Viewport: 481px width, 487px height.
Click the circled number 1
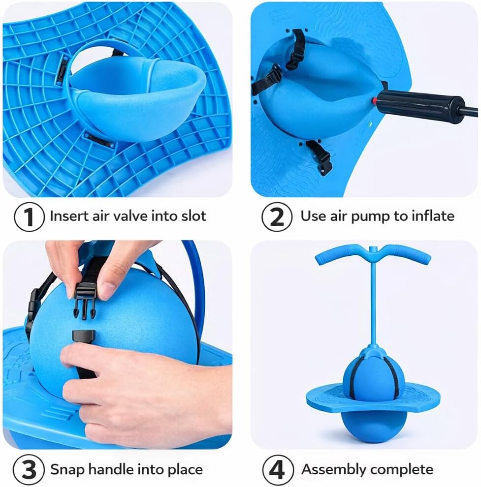point(29,216)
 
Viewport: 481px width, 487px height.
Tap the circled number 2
point(277,216)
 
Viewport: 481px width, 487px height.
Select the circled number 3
point(29,469)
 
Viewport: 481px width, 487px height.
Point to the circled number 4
point(278,469)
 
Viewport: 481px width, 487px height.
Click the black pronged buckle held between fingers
point(85,299)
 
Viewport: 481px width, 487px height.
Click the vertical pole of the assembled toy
point(373,298)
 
